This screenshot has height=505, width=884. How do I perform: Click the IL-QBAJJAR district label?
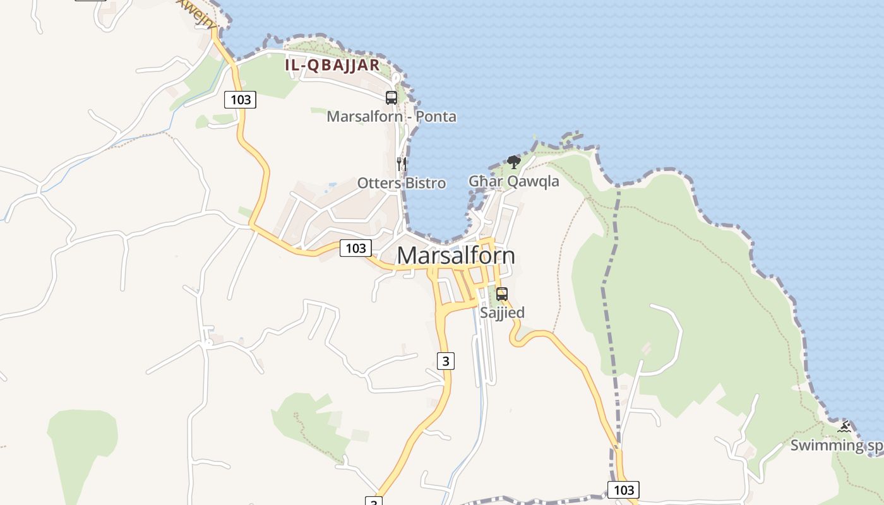pyautogui.click(x=332, y=65)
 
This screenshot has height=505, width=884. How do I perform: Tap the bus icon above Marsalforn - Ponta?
pyautogui.click(x=391, y=98)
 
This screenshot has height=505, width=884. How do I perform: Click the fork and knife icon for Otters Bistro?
pyautogui.click(x=401, y=163)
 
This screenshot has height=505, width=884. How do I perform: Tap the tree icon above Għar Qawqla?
pyautogui.click(x=514, y=162)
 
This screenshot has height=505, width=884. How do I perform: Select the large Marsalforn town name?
pyautogui.click(x=456, y=256)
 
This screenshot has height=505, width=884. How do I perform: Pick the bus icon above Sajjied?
pyautogui.click(x=502, y=294)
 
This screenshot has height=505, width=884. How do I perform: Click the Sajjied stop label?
pyautogui.click(x=502, y=312)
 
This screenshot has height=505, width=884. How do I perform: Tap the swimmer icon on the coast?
pyautogui.click(x=844, y=427)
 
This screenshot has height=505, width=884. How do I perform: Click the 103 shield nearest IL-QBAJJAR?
pyautogui.click(x=241, y=99)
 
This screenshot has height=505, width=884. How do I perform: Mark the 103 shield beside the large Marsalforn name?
pyautogui.click(x=355, y=248)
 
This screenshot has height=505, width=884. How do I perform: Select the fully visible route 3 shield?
pyautogui.click(x=446, y=361)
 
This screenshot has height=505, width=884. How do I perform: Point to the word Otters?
pyautogui.click(x=378, y=183)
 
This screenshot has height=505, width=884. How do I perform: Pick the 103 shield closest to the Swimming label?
pyautogui.click(x=623, y=490)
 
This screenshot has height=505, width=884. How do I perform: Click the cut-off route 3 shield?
pyautogui.click(x=374, y=501)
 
